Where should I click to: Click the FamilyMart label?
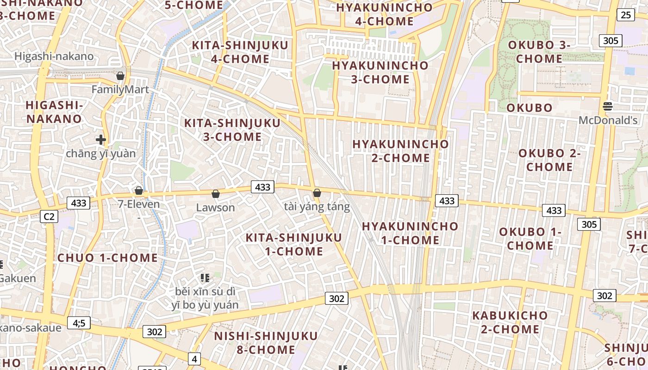120,89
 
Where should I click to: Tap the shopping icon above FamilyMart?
120,76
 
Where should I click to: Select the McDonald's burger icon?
608,106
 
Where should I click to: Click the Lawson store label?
215,207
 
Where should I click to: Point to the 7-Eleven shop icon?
138,191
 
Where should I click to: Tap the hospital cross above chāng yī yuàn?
101,139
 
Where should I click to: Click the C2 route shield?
49,216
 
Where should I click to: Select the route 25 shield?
625,15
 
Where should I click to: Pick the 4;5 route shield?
79,323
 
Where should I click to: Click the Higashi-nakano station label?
54,56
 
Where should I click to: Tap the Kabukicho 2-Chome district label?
510,322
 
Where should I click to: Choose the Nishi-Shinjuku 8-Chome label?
266,342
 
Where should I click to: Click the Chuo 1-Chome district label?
107,258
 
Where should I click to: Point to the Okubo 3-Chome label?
539,52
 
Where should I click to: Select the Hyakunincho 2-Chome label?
400,151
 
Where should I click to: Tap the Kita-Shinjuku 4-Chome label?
240,52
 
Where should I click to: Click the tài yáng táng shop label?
317,206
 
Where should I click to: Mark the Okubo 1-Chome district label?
530,239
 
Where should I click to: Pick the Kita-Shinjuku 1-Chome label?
293,244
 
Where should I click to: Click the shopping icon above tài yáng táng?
317,193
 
